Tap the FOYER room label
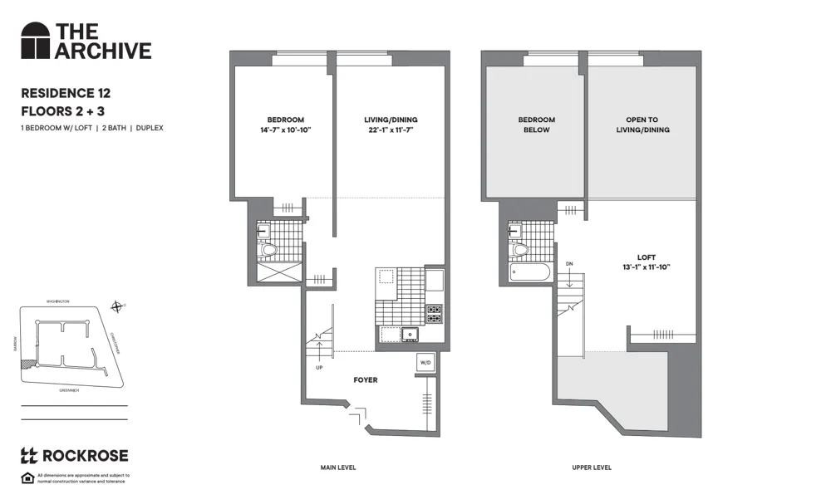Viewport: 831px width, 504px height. pos(365,380)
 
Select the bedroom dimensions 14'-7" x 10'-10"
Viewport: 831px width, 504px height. pos(285,130)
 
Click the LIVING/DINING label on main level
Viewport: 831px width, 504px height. pos(389,120)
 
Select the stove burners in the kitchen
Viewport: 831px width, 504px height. pos(434,314)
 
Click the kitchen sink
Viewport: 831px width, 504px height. pos(409,335)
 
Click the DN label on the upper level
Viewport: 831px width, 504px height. pos(569,264)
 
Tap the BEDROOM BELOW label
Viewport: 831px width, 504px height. pos(536,125)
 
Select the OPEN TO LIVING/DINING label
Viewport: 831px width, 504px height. pos(642,125)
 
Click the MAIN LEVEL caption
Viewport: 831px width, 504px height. pos(338,467)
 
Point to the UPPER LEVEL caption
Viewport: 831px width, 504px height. pos(592,467)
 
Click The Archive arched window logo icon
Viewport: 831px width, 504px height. pos(36,41)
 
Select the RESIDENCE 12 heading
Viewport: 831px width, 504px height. pos(65,94)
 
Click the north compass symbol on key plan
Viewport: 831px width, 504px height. pos(118,307)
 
